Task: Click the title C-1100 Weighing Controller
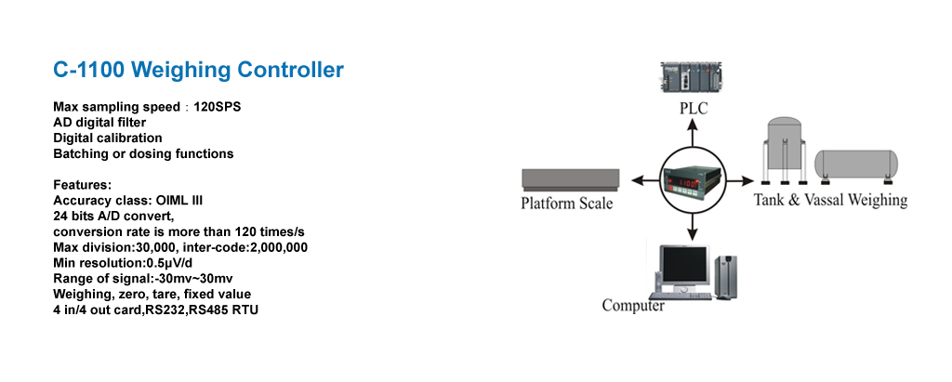coord(198,70)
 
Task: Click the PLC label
coord(693,109)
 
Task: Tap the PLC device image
coord(692,79)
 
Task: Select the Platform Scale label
coord(567,204)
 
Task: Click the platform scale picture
coord(570,178)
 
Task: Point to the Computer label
coord(633,306)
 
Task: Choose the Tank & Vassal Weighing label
coord(830,200)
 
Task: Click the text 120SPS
coord(217,107)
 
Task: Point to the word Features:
coord(83,185)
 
